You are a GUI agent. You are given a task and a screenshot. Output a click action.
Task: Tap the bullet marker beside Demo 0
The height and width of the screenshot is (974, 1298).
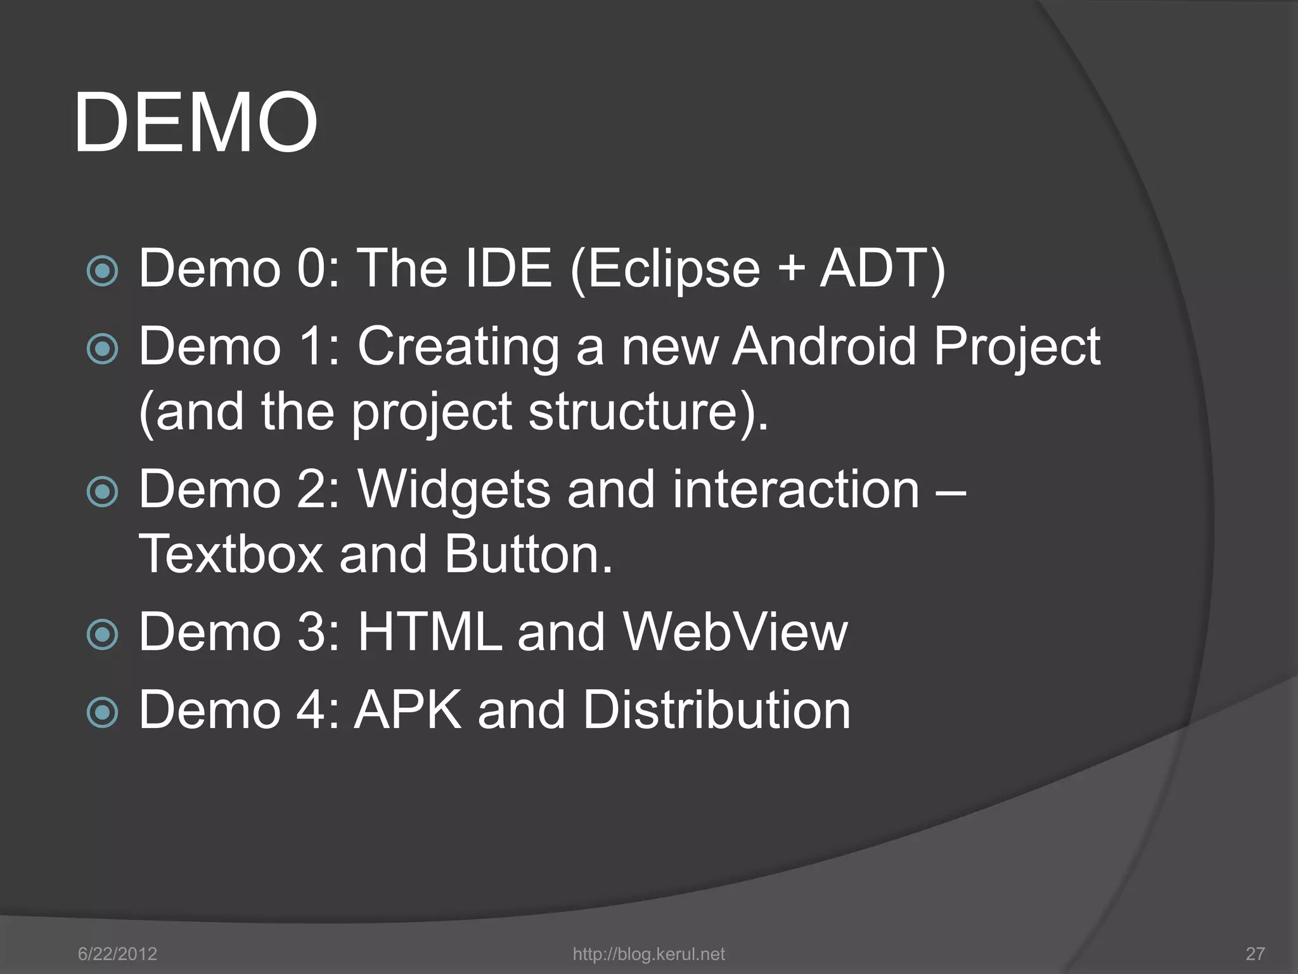102,271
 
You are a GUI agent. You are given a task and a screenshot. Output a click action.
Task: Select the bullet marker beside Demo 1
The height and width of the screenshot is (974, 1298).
102,349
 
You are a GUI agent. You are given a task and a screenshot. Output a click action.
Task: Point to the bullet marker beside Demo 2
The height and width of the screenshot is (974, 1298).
102,491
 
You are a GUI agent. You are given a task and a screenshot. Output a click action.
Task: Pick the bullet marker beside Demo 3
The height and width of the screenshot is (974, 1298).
102,634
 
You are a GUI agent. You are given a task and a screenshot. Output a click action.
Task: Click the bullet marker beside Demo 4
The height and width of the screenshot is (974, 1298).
102,712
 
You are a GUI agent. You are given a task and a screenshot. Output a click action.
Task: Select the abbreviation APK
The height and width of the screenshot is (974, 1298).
408,710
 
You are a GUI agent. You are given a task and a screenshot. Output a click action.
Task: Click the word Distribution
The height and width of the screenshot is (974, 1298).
716,710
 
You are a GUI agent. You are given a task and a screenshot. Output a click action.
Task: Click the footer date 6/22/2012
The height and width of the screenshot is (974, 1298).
117,954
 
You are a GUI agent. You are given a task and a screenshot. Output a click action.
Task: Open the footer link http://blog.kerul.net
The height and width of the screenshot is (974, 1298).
648,954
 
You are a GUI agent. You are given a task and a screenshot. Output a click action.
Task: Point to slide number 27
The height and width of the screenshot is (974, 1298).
1255,954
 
